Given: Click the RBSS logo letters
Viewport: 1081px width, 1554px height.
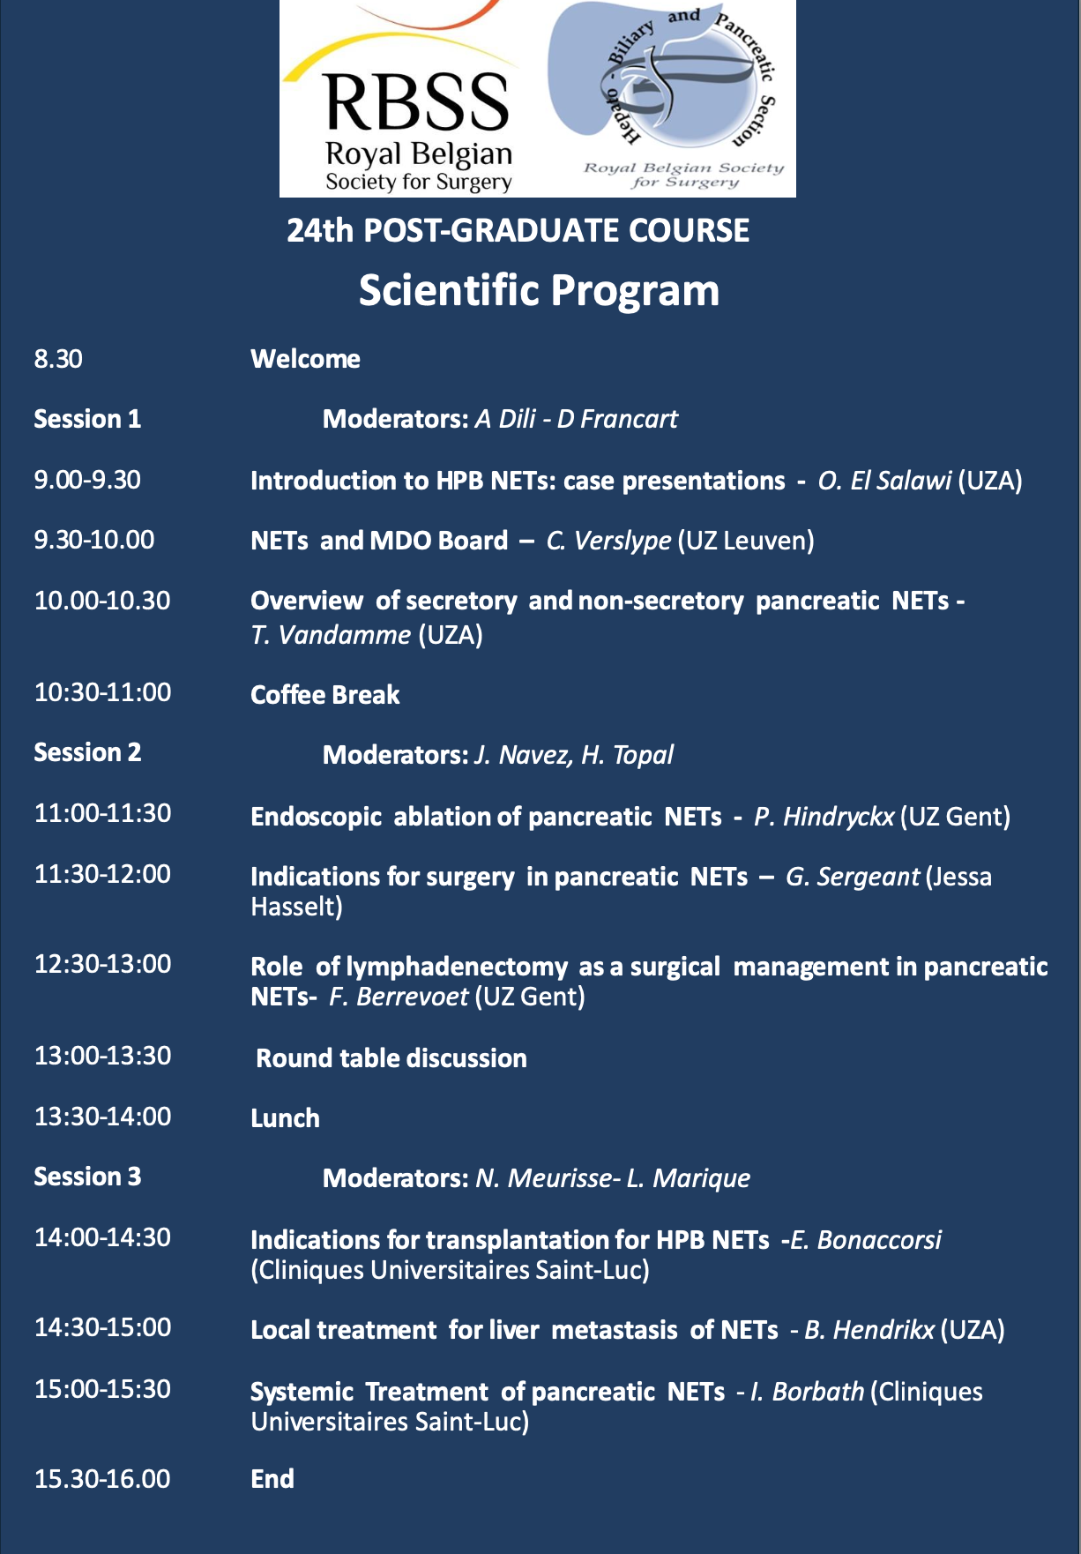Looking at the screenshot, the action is click(417, 101).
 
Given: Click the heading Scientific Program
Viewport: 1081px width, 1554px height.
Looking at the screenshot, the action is click(539, 290).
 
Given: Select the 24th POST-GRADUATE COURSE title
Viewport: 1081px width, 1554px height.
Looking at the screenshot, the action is click(518, 230).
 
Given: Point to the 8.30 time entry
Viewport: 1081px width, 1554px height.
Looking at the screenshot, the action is click(58, 359).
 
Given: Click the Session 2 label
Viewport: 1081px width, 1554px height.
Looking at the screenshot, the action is click(87, 752).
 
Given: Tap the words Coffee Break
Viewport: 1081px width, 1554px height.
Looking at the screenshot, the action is click(324, 695).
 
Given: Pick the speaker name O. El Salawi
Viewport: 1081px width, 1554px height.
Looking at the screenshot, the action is click(884, 481).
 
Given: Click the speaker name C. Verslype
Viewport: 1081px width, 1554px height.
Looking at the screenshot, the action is click(608, 541).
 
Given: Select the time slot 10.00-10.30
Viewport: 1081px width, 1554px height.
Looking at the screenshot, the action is click(102, 601).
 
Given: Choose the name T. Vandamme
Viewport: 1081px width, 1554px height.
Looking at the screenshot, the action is click(331, 635).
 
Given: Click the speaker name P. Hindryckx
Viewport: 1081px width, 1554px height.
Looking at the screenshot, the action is click(824, 817).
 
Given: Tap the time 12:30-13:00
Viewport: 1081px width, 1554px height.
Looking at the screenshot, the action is click(102, 964).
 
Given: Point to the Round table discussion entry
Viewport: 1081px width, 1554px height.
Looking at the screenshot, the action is click(391, 1058).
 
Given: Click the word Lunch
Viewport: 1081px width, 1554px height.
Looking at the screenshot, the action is click(285, 1118).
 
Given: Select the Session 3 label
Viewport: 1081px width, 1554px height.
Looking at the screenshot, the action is click(87, 1177).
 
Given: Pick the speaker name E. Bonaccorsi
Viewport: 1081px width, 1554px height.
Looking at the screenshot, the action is click(866, 1240).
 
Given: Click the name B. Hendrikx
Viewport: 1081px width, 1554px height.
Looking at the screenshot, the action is click(869, 1330).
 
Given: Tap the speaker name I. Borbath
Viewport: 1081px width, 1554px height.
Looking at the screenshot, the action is click(807, 1392).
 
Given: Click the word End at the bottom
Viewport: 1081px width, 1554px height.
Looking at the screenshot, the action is click(272, 1479).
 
